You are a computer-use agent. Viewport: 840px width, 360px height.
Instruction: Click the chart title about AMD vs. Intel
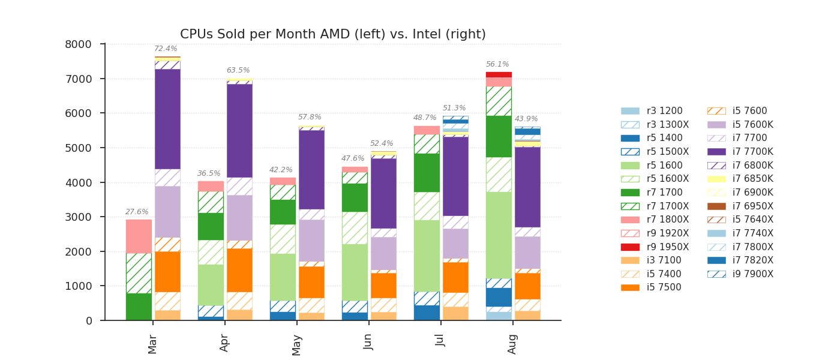point(333,35)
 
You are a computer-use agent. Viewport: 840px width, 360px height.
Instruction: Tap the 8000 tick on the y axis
point(78,44)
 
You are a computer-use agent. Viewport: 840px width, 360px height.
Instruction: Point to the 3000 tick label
point(78,217)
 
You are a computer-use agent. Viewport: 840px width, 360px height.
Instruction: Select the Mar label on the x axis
point(153,344)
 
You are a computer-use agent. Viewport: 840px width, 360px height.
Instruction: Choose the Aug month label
point(513,344)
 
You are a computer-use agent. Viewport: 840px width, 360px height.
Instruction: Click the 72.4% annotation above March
point(166,49)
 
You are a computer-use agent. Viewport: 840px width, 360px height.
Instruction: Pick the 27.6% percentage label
point(137,212)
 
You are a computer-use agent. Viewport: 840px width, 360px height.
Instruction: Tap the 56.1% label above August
point(497,65)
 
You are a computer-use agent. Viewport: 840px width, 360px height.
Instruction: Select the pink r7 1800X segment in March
point(139,236)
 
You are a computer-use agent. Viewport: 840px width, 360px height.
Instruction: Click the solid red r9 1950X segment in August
point(499,75)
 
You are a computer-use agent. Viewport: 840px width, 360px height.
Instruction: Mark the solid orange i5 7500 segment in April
point(239,270)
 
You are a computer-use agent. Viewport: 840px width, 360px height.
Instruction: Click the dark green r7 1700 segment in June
point(355,197)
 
